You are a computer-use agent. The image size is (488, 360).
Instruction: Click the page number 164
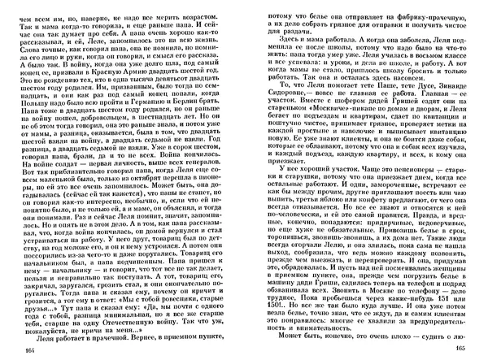click(x=33, y=349)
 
